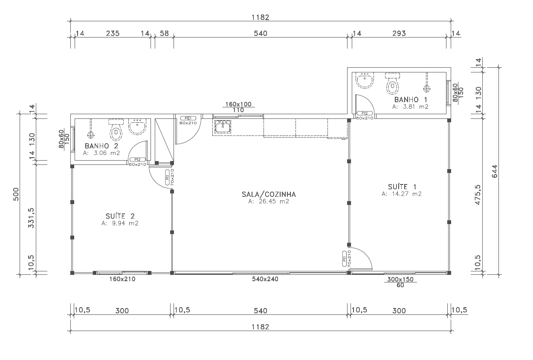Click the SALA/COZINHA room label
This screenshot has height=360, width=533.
(269, 195)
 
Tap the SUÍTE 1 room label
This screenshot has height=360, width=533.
(402, 187)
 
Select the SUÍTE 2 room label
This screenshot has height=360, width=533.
(120, 216)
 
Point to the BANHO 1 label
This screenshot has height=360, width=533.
(411, 99)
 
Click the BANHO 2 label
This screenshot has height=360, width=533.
(101, 146)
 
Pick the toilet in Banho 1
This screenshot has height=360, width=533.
(392, 83)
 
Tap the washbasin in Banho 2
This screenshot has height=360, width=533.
(137, 127)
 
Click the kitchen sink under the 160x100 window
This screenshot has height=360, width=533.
(223, 126)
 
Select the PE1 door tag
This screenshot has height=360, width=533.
(188, 118)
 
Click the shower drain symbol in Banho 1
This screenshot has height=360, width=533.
(427, 89)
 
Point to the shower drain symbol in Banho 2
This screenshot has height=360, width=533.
(90, 135)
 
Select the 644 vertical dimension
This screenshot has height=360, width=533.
(494, 171)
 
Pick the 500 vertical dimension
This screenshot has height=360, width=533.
(16, 194)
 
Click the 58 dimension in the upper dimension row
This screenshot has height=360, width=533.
(164, 33)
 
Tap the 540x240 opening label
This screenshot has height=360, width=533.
(265, 279)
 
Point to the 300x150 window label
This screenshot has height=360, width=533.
(400, 279)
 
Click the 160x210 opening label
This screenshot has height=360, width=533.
(122, 279)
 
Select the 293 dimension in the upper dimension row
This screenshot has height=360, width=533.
(399, 33)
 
